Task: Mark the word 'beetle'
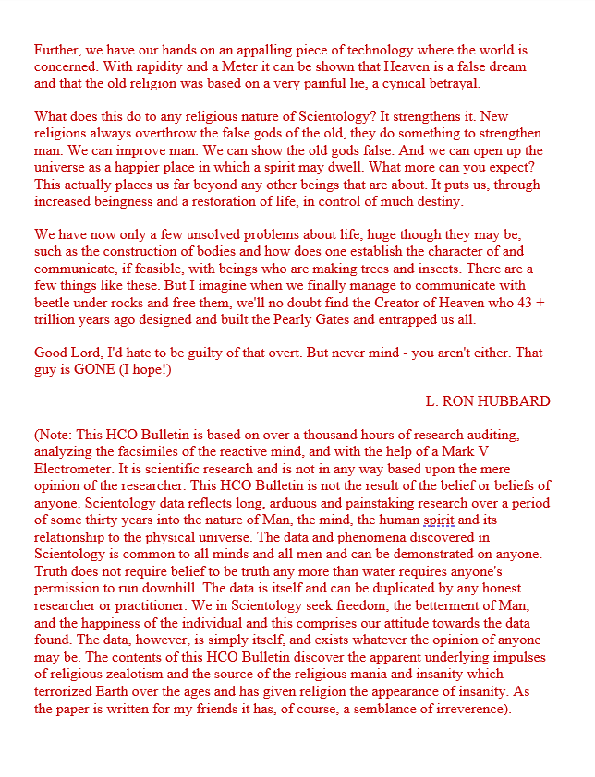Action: coord(55,302)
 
